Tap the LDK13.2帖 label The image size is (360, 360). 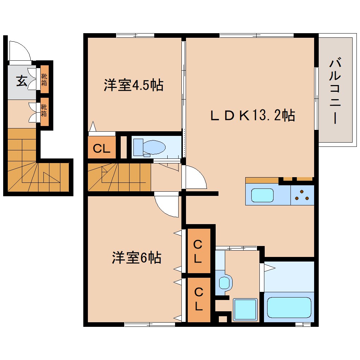[x=253, y=115]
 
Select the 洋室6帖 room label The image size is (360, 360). [x=137, y=258]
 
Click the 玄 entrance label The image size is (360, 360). [x=21, y=82]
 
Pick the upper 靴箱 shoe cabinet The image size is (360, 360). [x=44, y=81]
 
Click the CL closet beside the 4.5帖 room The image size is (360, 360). [x=102, y=149]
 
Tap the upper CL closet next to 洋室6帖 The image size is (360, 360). [x=199, y=251]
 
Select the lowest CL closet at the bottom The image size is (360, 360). [x=199, y=300]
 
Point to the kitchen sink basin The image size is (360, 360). [x=262, y=195]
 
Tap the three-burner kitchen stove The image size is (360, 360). [x=302, y=195]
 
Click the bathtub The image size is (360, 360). [x=289, y=307]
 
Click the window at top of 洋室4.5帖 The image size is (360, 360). [x=135, y=35]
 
